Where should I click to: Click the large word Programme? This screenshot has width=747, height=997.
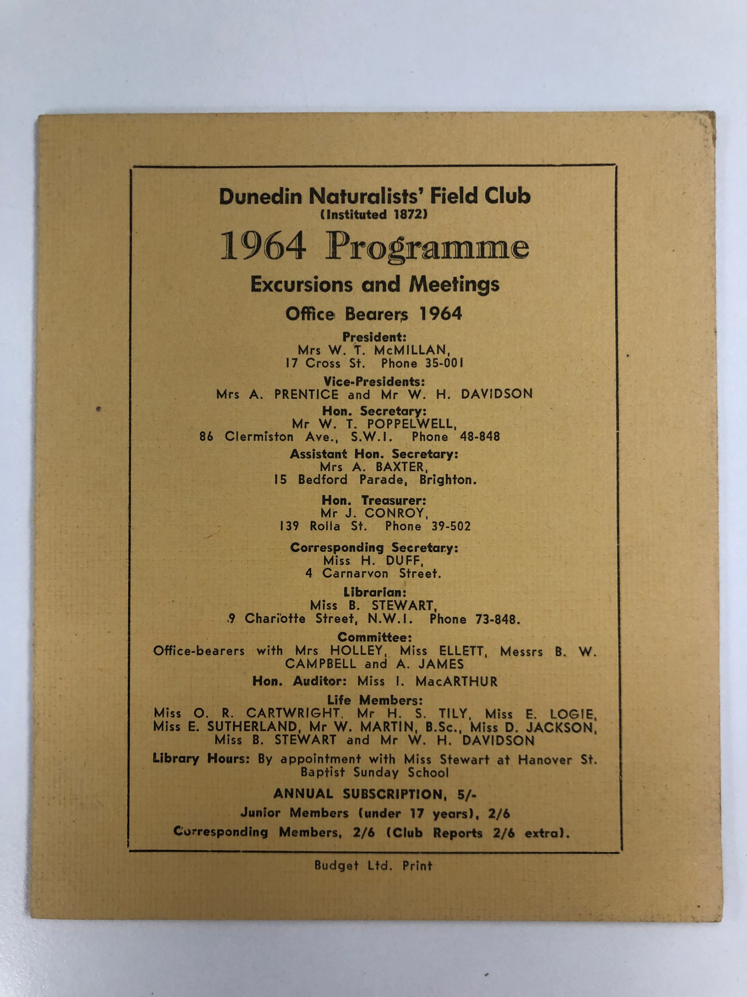coord(427,248)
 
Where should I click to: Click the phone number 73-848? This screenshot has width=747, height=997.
coord(497,619)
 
